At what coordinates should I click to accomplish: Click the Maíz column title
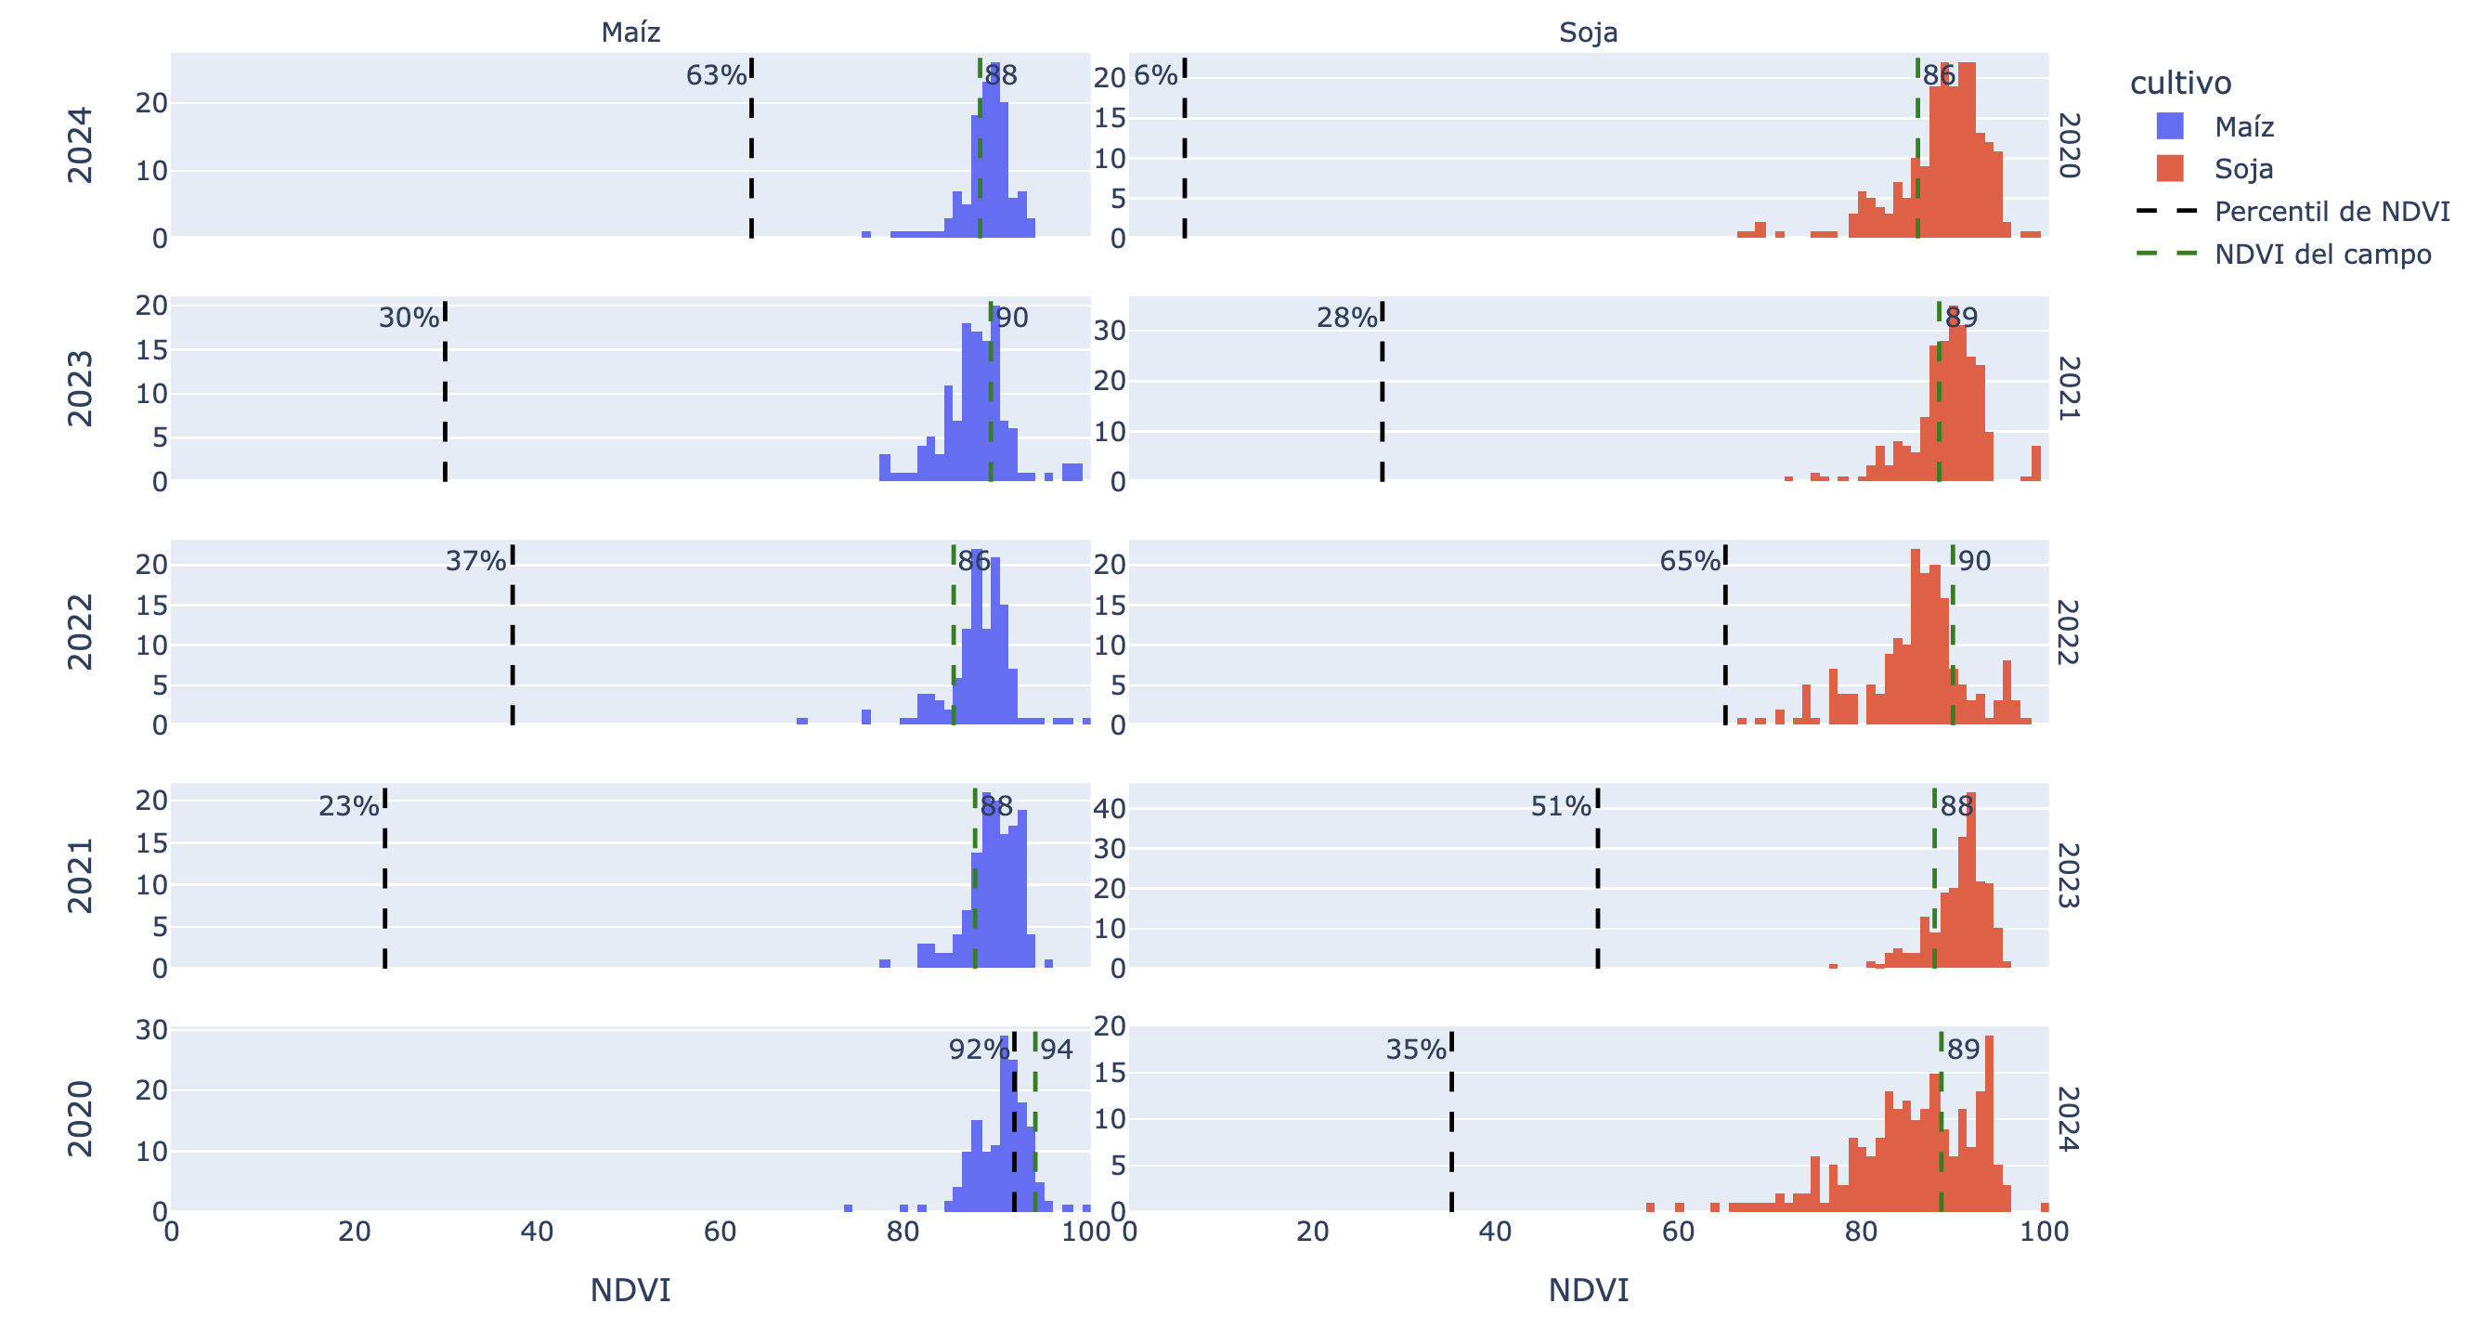630,33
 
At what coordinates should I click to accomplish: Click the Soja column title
1587,33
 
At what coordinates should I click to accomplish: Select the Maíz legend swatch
2169,126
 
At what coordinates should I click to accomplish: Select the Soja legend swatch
2169,168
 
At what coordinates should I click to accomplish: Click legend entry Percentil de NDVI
2331,211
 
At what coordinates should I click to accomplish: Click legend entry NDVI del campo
2322,254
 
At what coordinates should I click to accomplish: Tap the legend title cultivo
2179,83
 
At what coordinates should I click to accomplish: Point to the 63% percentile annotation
716,75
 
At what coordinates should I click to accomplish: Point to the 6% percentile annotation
1155,75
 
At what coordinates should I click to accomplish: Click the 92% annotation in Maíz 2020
979,1049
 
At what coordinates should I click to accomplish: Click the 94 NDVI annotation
1056,1049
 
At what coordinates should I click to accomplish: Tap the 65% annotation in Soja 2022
1689,560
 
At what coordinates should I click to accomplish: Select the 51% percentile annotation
1560,806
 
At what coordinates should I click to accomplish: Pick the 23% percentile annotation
348,806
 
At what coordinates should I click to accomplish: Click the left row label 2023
80,388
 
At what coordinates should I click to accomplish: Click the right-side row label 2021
2069,388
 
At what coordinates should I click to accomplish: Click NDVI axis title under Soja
1587,1289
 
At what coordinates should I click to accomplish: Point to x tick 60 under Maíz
720,1232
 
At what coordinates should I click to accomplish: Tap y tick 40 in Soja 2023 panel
1110,808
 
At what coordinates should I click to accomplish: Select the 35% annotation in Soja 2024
1416,1049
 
